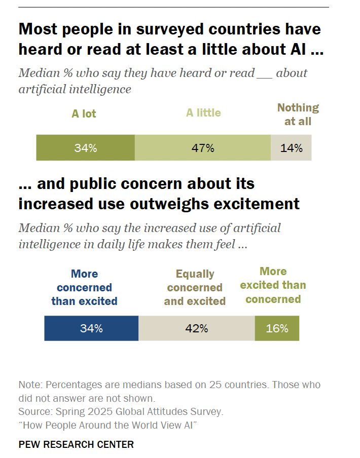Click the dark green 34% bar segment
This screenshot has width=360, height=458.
coord(85,148)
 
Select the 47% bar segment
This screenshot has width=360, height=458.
coord(203,148)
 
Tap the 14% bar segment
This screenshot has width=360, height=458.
coord(291,148)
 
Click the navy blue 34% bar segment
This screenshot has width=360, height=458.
coord(91,328)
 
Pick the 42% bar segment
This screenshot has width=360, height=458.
coord(197,328)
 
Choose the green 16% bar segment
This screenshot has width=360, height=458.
coord(277,328)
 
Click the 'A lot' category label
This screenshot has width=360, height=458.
coord(84,113)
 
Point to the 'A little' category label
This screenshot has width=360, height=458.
coord(203,112)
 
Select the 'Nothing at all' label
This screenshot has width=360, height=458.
coord(298,114)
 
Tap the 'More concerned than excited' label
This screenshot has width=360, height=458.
coord(84,287)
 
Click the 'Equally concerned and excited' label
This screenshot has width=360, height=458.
coord(195,287)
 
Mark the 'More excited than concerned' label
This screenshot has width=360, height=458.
coord(273,285)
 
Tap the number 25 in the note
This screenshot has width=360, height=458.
coord(215,385)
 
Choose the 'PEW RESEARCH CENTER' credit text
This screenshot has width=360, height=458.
coord(76,444)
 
